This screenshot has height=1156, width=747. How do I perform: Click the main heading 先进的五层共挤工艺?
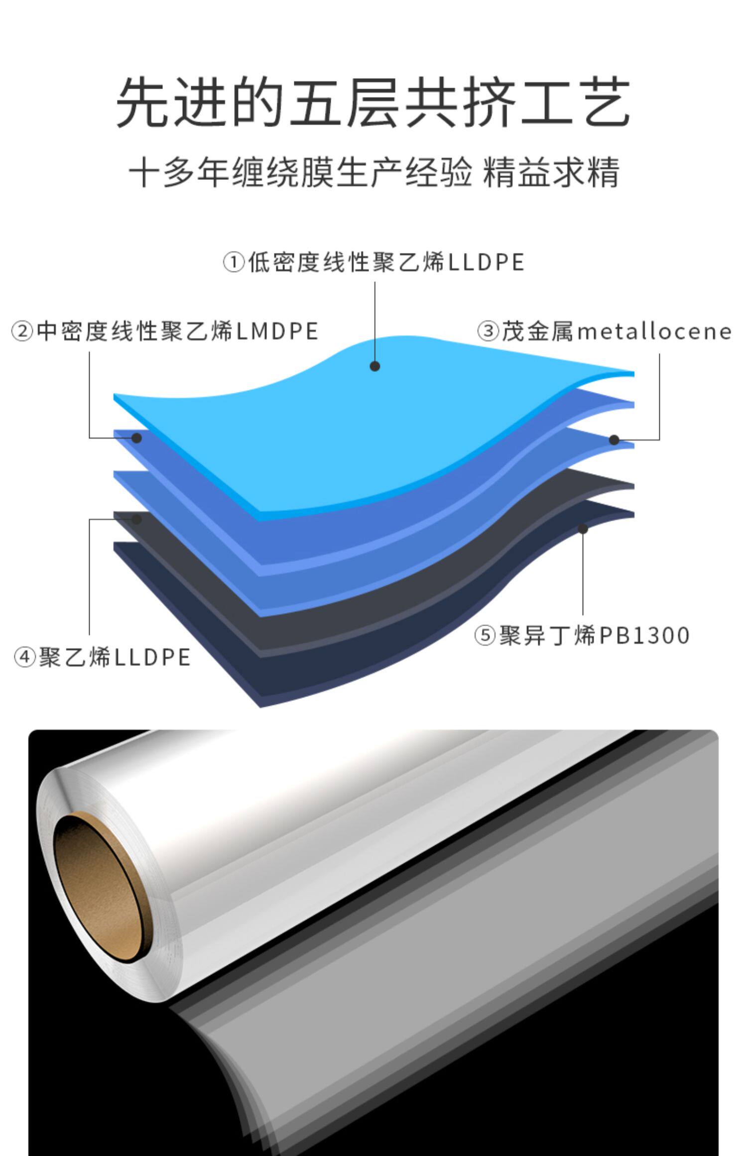tap(373, 102)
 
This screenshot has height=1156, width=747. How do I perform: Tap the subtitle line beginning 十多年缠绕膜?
tap(373, 173)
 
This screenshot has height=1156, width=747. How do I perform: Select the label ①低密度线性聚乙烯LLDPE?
tap(373, 262)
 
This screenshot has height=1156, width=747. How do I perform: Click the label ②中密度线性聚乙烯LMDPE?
tap(165, 332)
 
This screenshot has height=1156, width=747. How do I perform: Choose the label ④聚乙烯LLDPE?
tap(102, 657)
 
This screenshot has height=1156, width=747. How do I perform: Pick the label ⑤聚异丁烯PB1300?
tap(582, 635)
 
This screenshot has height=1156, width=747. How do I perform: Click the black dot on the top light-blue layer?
tap(375, 366)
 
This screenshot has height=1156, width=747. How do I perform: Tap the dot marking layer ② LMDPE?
tap(137, 438)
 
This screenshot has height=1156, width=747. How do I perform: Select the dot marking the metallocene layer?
tap(614, 440)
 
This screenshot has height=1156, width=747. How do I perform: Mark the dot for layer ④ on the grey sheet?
tap(137, 519)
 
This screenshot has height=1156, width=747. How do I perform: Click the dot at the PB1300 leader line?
tap(583, 529)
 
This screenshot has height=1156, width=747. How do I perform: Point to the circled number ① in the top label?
tap(234, 262)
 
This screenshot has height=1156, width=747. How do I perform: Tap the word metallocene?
tap(654, 332)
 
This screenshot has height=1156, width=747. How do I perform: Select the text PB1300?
tap(644, 635)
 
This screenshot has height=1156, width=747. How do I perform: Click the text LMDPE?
tap(277, 332)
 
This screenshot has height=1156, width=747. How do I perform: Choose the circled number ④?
tap(24, 658)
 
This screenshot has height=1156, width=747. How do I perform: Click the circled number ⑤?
tap(484, 636)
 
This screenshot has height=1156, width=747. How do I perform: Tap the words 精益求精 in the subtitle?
tap(551, 173)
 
